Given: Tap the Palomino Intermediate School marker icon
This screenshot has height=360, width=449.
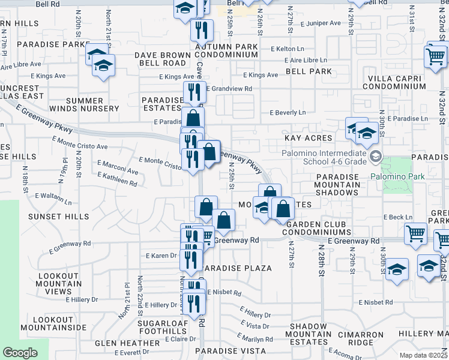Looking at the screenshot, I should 376,157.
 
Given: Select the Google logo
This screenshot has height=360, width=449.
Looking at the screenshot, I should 20,353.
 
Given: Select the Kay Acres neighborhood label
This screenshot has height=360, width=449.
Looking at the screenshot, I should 308,138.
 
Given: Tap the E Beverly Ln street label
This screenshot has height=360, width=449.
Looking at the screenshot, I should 288,112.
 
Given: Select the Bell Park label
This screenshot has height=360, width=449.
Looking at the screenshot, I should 309,71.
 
